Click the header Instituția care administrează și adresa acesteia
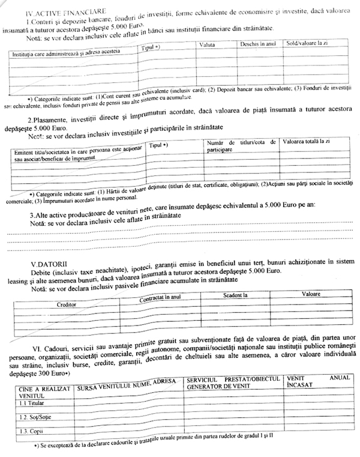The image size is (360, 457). click(x=65, y=52)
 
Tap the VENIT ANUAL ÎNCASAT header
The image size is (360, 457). click(x=315, y=383)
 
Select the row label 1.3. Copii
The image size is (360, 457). click(x=31, y=432)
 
